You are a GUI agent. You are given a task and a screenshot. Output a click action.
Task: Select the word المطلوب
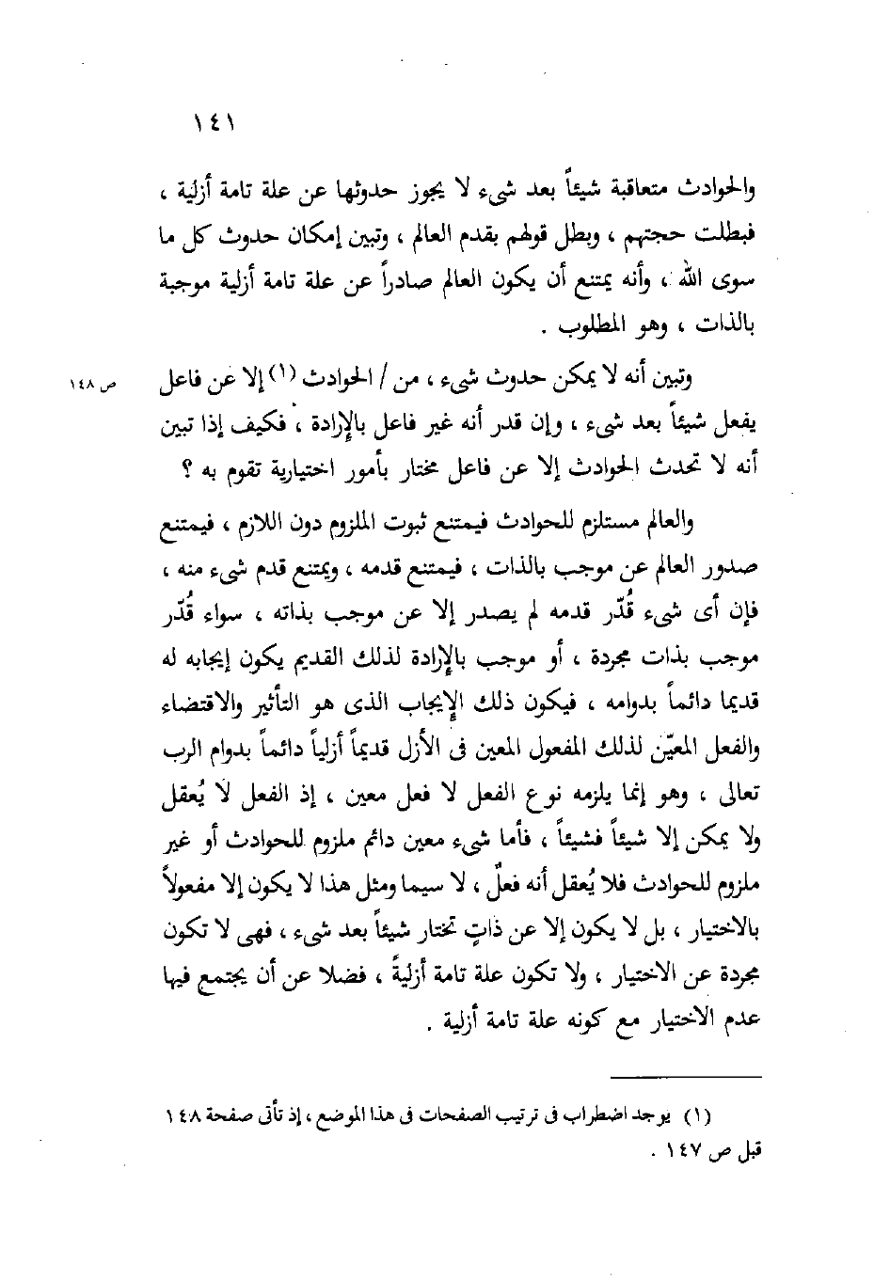[585, 329]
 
